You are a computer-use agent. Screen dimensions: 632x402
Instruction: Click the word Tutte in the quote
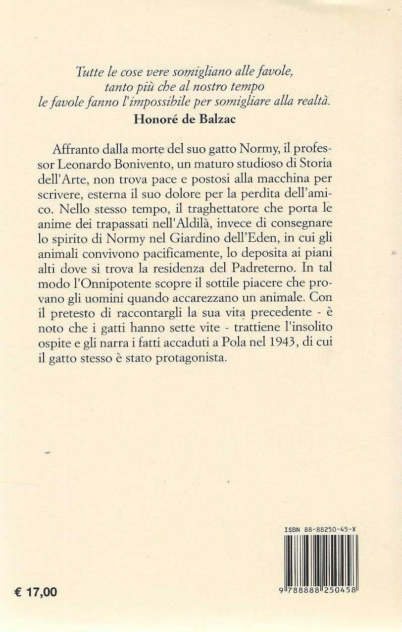pos(86,72)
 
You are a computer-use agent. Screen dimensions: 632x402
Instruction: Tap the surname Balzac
pos(211,122)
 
